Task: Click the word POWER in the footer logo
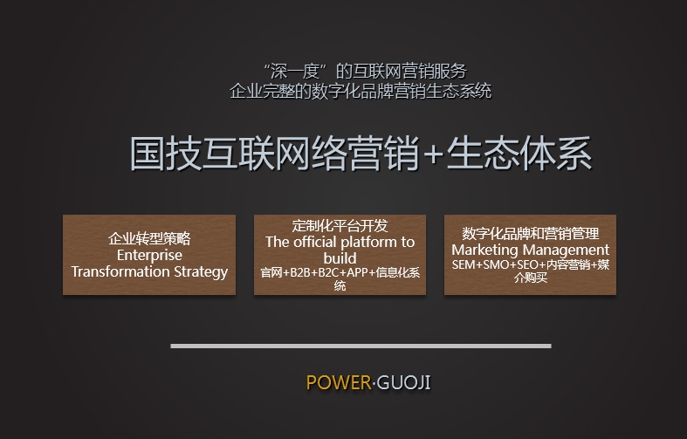point(339,382)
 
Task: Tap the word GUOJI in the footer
point(403,382)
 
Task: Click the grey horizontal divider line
point(361,346)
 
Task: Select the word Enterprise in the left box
point(149,256)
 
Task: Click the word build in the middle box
point(340,258)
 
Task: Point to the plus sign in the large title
point(432,155)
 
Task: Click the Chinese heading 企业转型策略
point(149,239)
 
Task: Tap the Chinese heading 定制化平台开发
point(340,226)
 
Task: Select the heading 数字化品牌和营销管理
point(531,234)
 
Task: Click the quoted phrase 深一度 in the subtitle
point(296,72)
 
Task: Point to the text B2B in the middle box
point(300,272)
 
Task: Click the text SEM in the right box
point(464,265)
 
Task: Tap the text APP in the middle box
point(357,272)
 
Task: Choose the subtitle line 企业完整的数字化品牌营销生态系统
point(361,91)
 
